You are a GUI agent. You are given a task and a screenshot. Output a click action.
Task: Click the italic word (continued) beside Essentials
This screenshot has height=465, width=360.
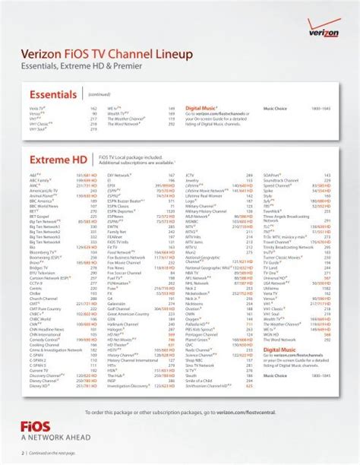point(99,95)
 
